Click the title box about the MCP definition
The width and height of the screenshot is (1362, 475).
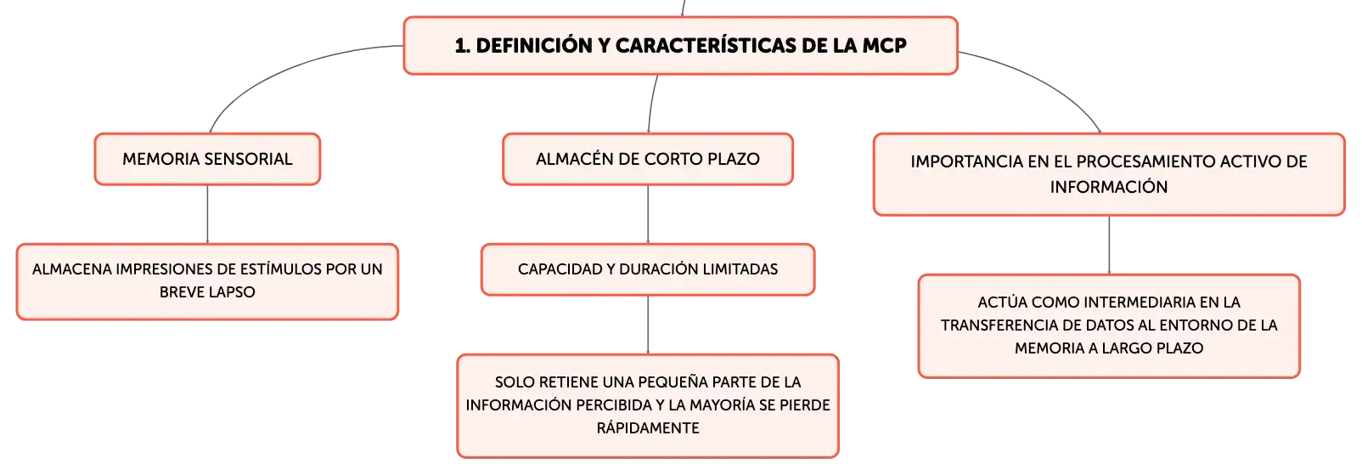680,46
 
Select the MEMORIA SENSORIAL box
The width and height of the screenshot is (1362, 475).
207,159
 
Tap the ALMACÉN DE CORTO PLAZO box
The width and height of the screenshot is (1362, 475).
648,159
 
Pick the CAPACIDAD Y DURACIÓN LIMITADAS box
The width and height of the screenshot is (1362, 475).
648,269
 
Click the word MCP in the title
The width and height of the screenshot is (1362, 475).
884,46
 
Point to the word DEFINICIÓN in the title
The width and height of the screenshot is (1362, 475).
534,46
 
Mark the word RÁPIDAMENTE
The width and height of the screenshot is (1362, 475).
648,428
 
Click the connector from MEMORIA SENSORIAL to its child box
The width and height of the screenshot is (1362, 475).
207,214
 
